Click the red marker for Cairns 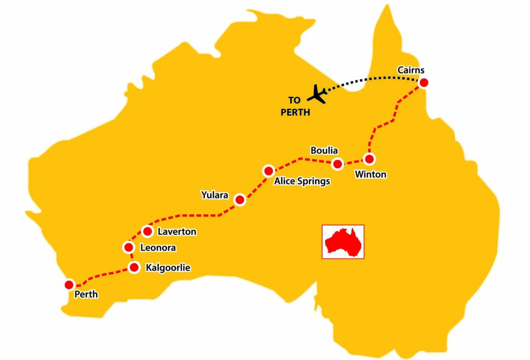424,82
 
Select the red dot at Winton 369,159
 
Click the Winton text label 370,175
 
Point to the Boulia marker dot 337,164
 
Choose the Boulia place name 324,151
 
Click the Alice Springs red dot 268,170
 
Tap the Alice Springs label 302,182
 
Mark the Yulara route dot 240,199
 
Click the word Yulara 214,195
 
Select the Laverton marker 148,231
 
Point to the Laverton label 177,232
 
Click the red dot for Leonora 129,247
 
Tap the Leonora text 158,248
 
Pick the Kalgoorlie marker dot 134,267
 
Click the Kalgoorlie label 169,268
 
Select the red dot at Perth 68,284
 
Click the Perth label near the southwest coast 86,295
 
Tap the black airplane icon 316,94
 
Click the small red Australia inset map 343,241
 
